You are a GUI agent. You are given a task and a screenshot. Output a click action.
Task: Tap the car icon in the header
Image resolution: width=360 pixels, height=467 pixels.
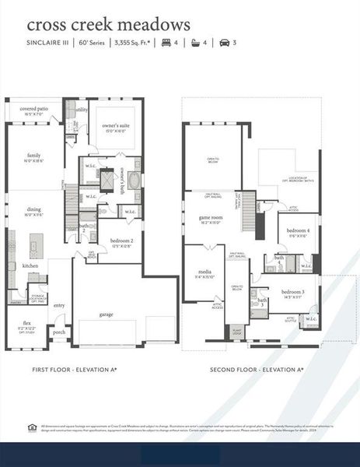tap(225, 43)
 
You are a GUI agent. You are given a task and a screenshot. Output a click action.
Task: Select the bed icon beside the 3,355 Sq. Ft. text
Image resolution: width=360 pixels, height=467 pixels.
tap(165, 43)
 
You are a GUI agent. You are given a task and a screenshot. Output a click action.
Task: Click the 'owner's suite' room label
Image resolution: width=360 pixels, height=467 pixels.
tap(114, 128)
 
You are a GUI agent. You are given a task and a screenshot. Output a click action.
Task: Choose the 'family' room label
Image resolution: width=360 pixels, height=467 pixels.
tap(33, 155)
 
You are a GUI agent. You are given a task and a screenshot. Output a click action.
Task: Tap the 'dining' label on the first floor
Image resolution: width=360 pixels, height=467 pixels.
tap(33, 209)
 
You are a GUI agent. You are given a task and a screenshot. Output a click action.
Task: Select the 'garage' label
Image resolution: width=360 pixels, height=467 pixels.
tap(106, 314)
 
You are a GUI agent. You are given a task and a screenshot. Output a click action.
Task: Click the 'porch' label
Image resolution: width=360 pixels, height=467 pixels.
tap(59, 331)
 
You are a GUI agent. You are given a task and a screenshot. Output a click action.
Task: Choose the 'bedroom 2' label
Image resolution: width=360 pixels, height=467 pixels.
tap(121, 241)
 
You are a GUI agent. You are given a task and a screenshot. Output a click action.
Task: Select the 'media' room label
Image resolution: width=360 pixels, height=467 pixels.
tap(204, 272)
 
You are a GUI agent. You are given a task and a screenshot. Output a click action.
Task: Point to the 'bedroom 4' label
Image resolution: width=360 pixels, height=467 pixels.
tap(298, 231)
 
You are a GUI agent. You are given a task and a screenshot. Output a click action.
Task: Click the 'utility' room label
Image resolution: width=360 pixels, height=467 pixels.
tap(82, 110)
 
